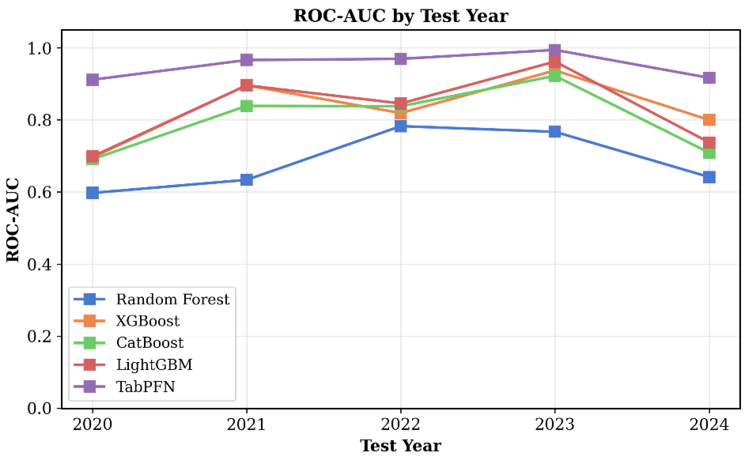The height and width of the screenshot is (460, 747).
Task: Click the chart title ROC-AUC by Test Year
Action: click(x=401, y=16)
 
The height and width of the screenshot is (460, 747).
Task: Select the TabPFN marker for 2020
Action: click(x=93, y=80)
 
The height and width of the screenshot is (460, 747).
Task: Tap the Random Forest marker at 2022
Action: click(x=401, y=126)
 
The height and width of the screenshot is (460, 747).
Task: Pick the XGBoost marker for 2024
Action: click(x=709, y=120)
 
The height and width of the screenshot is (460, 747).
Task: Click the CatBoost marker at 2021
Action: click(x=247, y=106)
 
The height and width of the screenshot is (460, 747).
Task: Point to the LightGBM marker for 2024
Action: click(x=709, y=142)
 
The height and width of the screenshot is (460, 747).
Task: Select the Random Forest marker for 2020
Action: click(x=93, y=193)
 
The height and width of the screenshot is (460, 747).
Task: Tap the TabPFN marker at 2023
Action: click(x=555, y=50)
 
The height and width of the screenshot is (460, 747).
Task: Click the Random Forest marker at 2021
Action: click(x=247, y=180)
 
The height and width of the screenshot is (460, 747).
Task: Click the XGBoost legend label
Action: click(x=148, y=321)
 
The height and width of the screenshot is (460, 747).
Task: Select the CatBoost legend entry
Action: click(x=150, y=343)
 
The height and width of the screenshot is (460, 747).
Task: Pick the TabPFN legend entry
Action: click(x=146, y=387)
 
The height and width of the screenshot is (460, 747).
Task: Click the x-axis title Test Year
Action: click(x=401, y=446)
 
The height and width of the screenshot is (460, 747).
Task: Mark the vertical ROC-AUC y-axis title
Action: click(x=13, y=220)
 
